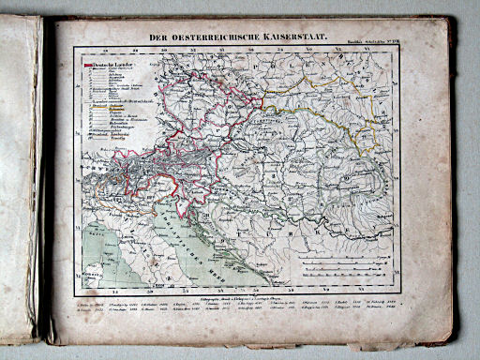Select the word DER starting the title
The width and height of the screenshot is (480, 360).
(150, 38)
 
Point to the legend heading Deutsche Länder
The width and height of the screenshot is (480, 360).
(112, 65)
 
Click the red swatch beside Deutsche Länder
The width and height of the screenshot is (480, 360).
(89, 65)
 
